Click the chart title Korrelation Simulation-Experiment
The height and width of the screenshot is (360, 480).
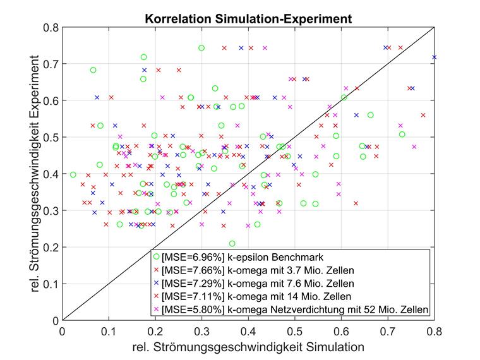point(248,19)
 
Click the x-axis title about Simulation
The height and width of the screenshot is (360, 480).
point(248,347)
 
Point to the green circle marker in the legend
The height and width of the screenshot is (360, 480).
point(156,257)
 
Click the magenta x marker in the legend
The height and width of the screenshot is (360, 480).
point(156,309)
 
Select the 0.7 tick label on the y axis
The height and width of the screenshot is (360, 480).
point(50,64)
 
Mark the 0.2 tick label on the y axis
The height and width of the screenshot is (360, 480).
point(50,248)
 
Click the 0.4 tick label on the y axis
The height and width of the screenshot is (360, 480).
point(50,174)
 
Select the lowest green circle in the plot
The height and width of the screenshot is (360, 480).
point(232,243)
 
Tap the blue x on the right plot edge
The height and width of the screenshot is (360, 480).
point(434,57)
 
